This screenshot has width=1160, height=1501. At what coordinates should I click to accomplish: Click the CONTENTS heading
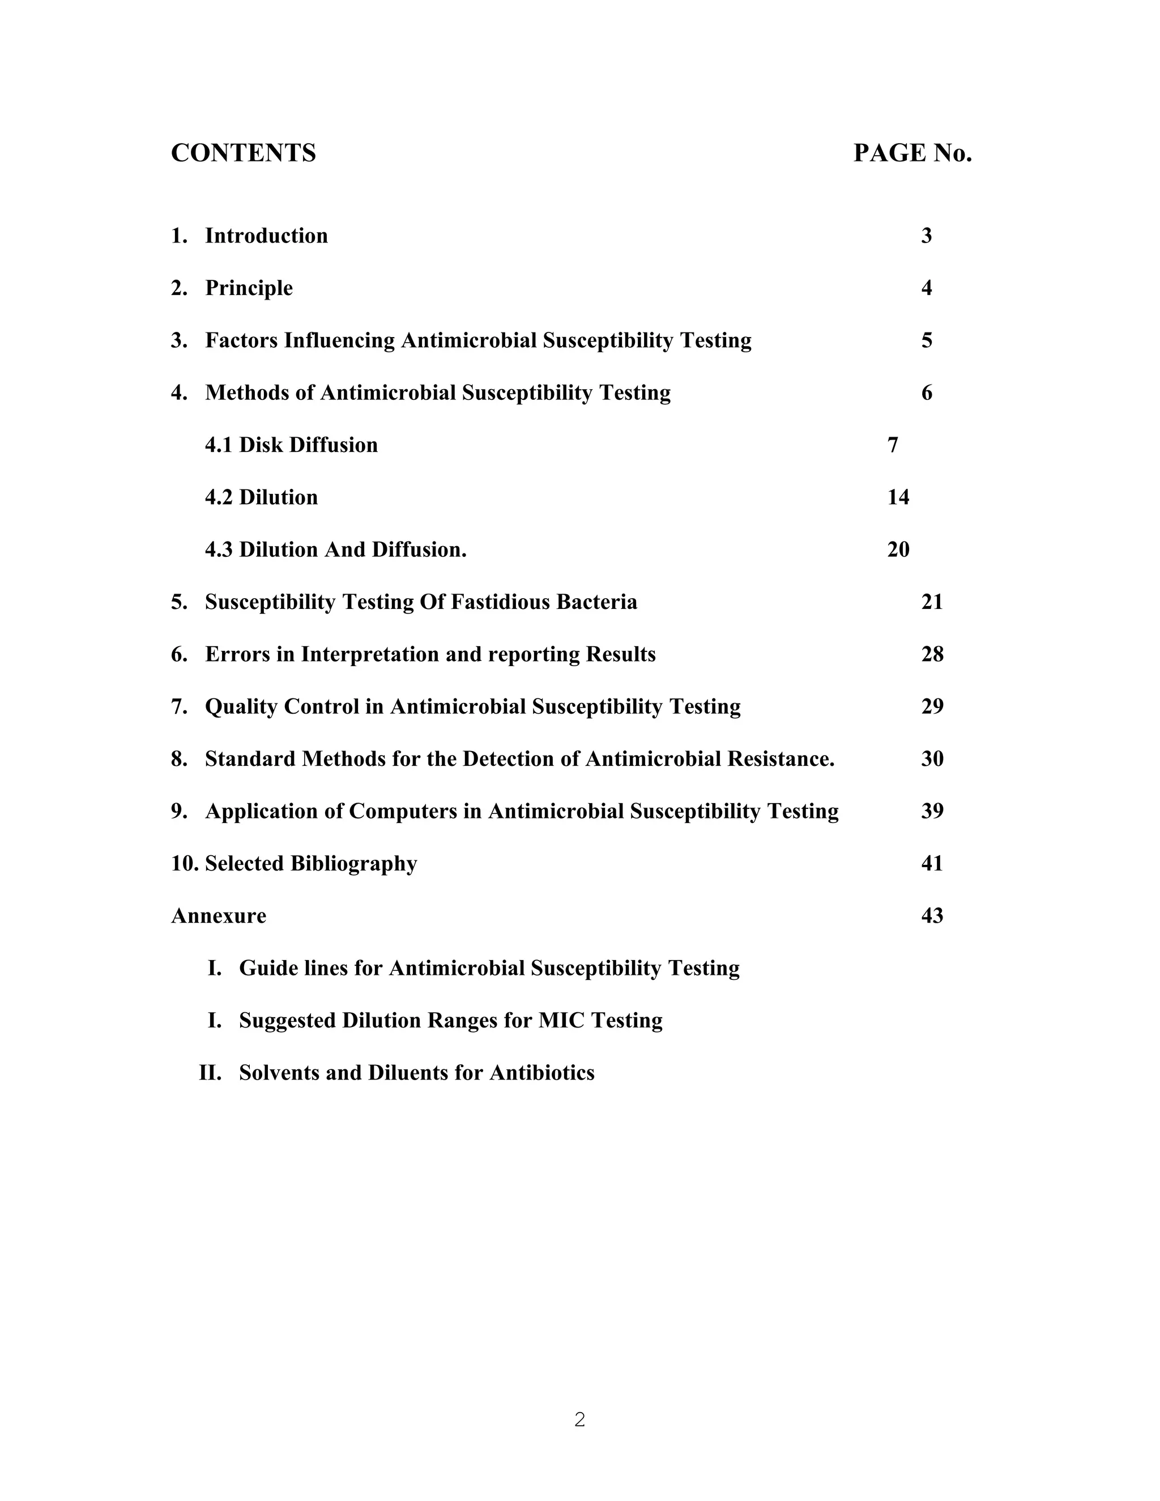click(x=243, y=152)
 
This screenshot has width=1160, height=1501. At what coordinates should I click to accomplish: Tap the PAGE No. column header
click(x=912, y=152)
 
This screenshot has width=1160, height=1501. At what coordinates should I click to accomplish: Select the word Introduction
click(x=266, y=236)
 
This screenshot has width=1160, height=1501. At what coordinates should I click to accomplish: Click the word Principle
click(x=249, y=288)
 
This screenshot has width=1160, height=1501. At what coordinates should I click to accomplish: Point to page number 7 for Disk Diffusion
click(x=893, y=445)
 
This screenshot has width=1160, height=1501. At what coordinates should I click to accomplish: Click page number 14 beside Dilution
click(x=898, y=497)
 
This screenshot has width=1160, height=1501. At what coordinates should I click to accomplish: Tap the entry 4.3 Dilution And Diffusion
click(x=335, y=550)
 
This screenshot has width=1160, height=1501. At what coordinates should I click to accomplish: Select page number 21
click(x=932, y=602)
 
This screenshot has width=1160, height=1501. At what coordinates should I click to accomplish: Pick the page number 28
click(x=932, y=654)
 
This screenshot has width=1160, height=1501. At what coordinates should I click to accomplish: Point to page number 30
click(x=932, y=759)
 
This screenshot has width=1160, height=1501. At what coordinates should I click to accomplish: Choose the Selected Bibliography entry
click(x=310, y=863)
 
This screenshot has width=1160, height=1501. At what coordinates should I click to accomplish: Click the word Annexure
click(x=219, y=916)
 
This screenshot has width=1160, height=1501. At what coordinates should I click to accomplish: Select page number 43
click(x=932, y=916)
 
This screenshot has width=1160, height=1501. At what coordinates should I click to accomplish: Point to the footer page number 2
click(x=580, y=1419)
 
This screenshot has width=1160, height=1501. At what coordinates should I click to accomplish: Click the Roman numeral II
click(x=210, y=1073)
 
